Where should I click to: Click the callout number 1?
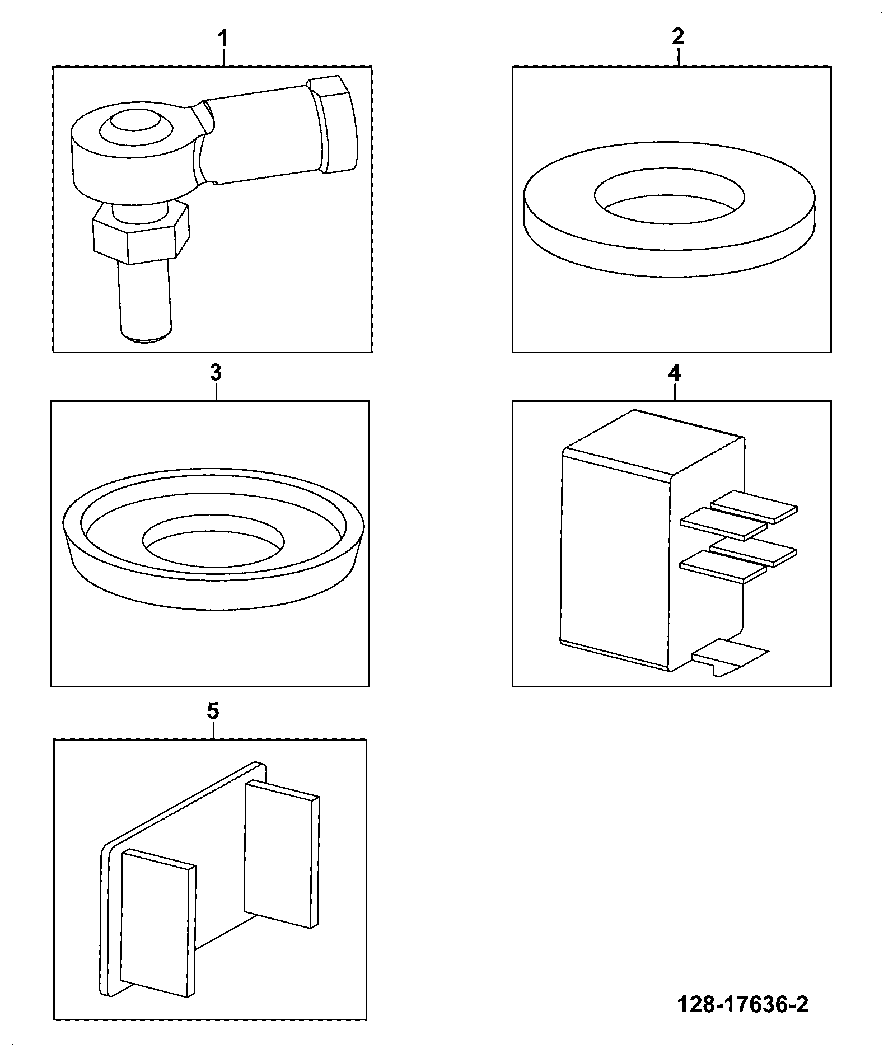(x=223, y=39)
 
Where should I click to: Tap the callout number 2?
(x=677, y=37)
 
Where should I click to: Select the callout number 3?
(x=216, y=372)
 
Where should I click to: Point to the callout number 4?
(x=675, y=373)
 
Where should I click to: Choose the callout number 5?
(x=213, y=711)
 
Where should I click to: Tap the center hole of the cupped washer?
(x=213, y=540)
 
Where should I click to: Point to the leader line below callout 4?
(x=675, y=392)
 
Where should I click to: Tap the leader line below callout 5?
(x=213, y=731)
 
